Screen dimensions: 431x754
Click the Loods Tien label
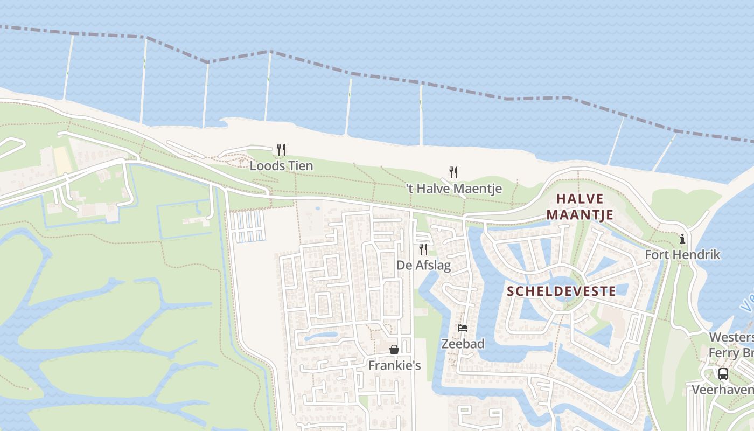[x=281, y=165]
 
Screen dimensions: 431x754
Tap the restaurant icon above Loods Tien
[x=281, y=149]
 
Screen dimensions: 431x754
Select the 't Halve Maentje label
[x=453, y=189]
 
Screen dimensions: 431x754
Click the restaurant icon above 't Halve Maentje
[x=453, y=172]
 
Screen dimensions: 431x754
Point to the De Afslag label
[x=423, y=265]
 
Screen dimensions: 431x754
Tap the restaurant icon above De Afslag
[x=423, y=249]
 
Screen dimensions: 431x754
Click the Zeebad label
[x=463, y=343]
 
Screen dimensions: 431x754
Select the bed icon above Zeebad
[x=462, y=328]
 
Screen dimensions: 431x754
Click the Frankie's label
[x=394, y=365]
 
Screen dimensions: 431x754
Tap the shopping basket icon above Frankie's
[x=394, y=350]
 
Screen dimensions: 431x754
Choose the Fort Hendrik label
[x=682, y=254]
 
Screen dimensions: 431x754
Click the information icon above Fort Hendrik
[x=682, y=238]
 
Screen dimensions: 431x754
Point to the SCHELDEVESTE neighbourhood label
[x=562, y=291]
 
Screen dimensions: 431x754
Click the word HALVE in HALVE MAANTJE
[x=580, y=198]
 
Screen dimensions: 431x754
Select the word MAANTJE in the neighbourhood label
[x=580, y=214]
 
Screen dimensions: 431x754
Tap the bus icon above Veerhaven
[x=723, y=373]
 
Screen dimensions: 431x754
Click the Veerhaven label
[x=722, y=390]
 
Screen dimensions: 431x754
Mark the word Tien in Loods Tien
[x=301, y=165]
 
